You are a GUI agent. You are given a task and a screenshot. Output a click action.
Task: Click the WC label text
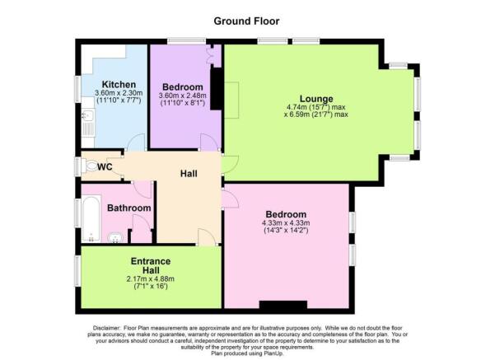(x=105, y=167)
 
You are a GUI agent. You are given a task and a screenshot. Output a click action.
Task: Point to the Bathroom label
(x=129, y=208)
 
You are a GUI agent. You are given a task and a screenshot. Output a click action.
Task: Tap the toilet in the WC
(x=90, y=166)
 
